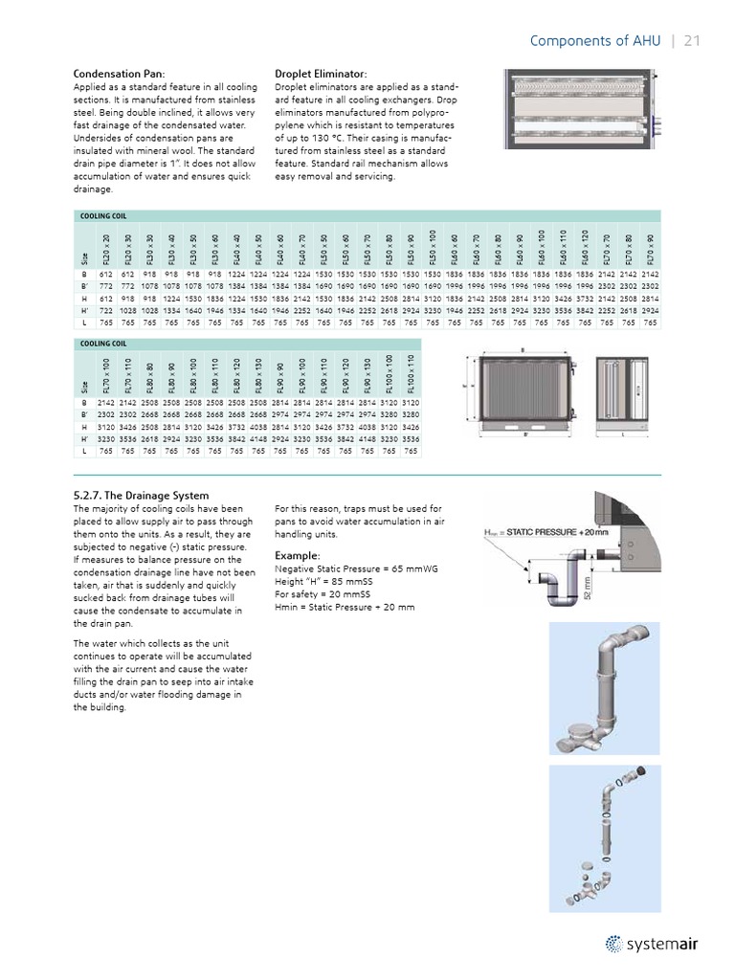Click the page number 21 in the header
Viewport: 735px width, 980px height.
692,40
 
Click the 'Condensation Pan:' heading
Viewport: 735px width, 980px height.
120,74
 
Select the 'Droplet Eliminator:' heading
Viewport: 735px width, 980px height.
321,74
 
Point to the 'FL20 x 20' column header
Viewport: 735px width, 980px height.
105,251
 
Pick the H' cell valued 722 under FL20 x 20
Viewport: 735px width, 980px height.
105,310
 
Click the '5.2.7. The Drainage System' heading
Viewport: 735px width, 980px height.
141,495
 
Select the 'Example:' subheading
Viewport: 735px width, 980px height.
298,555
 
